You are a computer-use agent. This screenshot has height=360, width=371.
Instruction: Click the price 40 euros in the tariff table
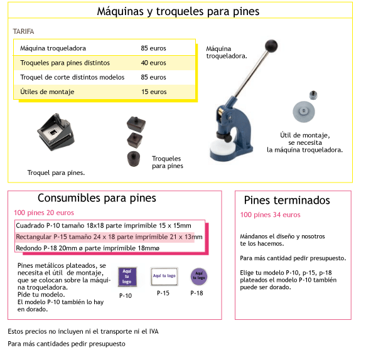click(x=153, y=63)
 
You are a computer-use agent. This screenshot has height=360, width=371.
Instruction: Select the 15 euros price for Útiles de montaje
click(x=154, y=92)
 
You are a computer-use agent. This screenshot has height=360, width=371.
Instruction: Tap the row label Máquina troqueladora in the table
click(x=53, y=48)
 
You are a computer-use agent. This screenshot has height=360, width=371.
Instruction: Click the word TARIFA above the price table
click(x=23, y=31)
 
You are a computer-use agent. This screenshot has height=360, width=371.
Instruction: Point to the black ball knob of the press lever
click(x=271, y=46)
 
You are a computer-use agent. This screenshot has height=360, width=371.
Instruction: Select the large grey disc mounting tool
click(x=304, y=112)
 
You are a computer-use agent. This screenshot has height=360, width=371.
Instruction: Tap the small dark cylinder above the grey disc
click(x=313, y=95)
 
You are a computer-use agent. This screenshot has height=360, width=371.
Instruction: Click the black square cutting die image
click(x=56, y=132)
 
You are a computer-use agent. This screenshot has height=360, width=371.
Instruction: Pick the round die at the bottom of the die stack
click(x=134, y=159)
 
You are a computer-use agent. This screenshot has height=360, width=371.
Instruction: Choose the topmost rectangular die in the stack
click(x=136, y=124)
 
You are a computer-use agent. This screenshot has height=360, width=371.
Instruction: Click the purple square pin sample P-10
click(x=127, y=277)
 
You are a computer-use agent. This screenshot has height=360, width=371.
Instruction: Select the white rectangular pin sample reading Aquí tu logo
click(x=164, y=276)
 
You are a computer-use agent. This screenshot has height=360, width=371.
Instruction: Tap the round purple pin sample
click(x=199, y=277)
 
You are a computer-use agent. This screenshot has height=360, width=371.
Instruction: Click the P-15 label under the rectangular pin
click(x=163, y=293)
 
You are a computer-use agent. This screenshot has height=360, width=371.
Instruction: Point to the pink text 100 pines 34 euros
click(x=270, y=215)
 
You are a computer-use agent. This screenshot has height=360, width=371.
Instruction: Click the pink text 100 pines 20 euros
click(x=44, y=213)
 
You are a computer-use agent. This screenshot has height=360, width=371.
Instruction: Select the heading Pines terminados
click(x=287, y=201)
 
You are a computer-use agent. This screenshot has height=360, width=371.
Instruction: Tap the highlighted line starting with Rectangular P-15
click(x=109, y=237)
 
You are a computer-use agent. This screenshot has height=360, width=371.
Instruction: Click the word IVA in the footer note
click(x=154, y=331)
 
